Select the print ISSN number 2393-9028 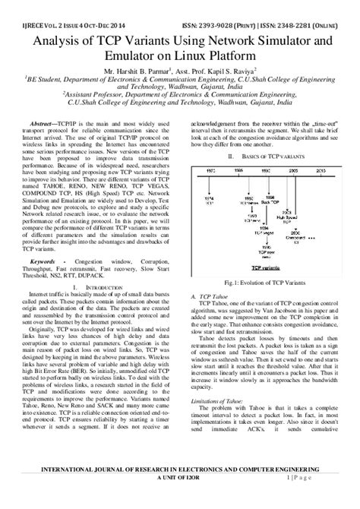point(244,11)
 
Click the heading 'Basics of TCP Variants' point(267,156)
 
